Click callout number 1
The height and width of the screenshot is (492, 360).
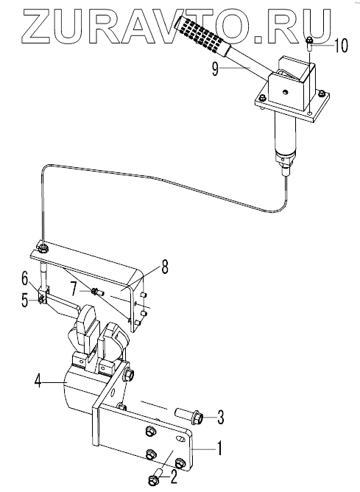[220, 448]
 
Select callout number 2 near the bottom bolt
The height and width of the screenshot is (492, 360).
[173, 477]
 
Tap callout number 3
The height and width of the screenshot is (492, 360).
[220, 417]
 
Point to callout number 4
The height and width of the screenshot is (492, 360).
[38, 381]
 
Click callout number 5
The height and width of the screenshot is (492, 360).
[25, 301]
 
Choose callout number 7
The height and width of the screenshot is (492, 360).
[74, 289]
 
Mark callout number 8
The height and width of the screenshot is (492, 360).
[165, 267]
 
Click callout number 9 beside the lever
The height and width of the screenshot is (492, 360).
[215, 69]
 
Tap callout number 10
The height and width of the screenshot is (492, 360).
[341, 46]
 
